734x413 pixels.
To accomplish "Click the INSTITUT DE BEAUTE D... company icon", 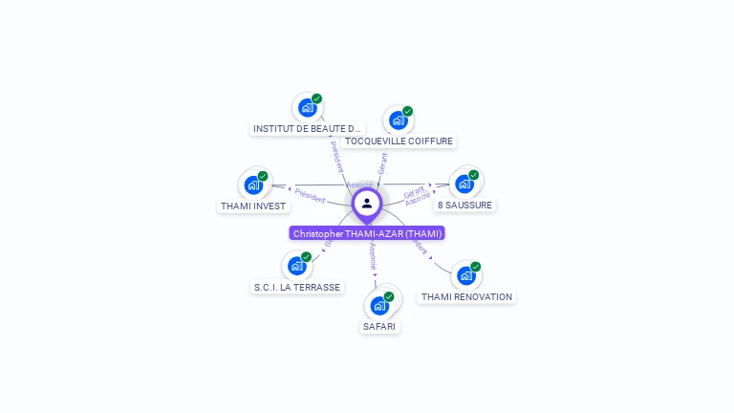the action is click(x=307, y=107).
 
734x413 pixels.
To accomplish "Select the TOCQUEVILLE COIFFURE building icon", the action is click(x=398, y=120).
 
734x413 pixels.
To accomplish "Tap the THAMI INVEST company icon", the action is click(x=253, y=185).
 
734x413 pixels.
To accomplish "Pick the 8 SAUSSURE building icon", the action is click(x=464, y=183).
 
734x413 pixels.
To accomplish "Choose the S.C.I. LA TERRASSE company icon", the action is click(x=296, y=266).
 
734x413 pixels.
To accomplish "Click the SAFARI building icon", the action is click(x=379, y=305).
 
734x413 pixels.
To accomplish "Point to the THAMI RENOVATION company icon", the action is click(x=465, y=275).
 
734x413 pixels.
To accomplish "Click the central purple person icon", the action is click(x=367, y=203).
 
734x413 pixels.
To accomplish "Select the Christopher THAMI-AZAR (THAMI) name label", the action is click(x=367, y=233).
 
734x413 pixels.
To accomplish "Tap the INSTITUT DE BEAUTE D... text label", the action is click(x=308, y=128).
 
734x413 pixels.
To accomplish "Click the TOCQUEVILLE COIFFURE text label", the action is click(x=399, y=141).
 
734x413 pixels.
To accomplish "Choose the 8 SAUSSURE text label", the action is click(x=465, y=205).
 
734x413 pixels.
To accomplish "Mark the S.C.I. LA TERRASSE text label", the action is click(x=296, y=287).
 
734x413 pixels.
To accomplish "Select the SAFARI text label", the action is click(x=379, y=326).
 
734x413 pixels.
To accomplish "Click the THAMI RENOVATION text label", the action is click(x=466, y=296).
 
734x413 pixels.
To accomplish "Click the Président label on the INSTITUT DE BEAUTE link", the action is click(x=335, y=157).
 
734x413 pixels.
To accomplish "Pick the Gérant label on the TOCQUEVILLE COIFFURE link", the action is click(x=382, y=163).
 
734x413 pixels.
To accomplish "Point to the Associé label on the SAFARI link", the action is click(x=373, y=256).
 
